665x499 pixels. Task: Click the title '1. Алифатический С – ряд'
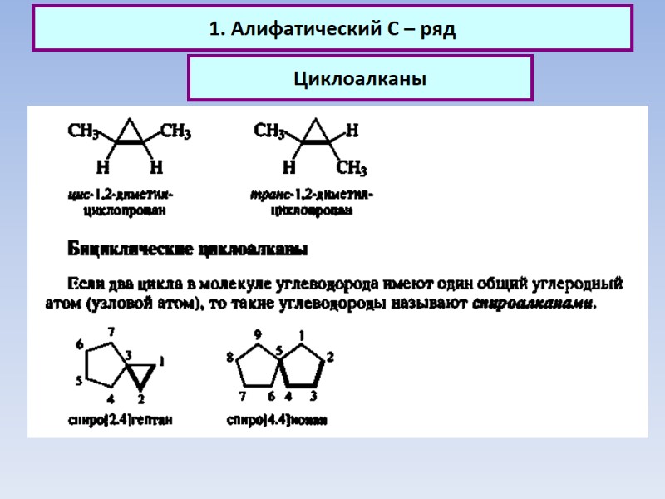coord(332,29)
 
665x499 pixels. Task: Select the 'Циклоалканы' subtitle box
coord(359,79)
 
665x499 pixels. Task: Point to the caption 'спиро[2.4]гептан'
coord(120,420)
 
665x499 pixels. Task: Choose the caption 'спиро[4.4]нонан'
coord(277,420)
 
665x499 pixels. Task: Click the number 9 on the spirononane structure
coord(258,335)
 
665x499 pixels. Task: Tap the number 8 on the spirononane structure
coord(229,358)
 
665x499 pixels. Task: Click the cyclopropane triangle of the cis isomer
coord(129,134)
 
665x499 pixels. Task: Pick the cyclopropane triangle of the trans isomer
coord(315,134)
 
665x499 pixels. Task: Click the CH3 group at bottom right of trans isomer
coord(352,169)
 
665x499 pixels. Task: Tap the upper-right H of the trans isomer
coord(352,131)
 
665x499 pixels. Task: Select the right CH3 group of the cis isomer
coord(175,131)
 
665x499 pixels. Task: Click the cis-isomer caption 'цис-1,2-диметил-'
coord(120,195)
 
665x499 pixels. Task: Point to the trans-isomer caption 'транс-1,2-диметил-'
coord(312,195)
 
